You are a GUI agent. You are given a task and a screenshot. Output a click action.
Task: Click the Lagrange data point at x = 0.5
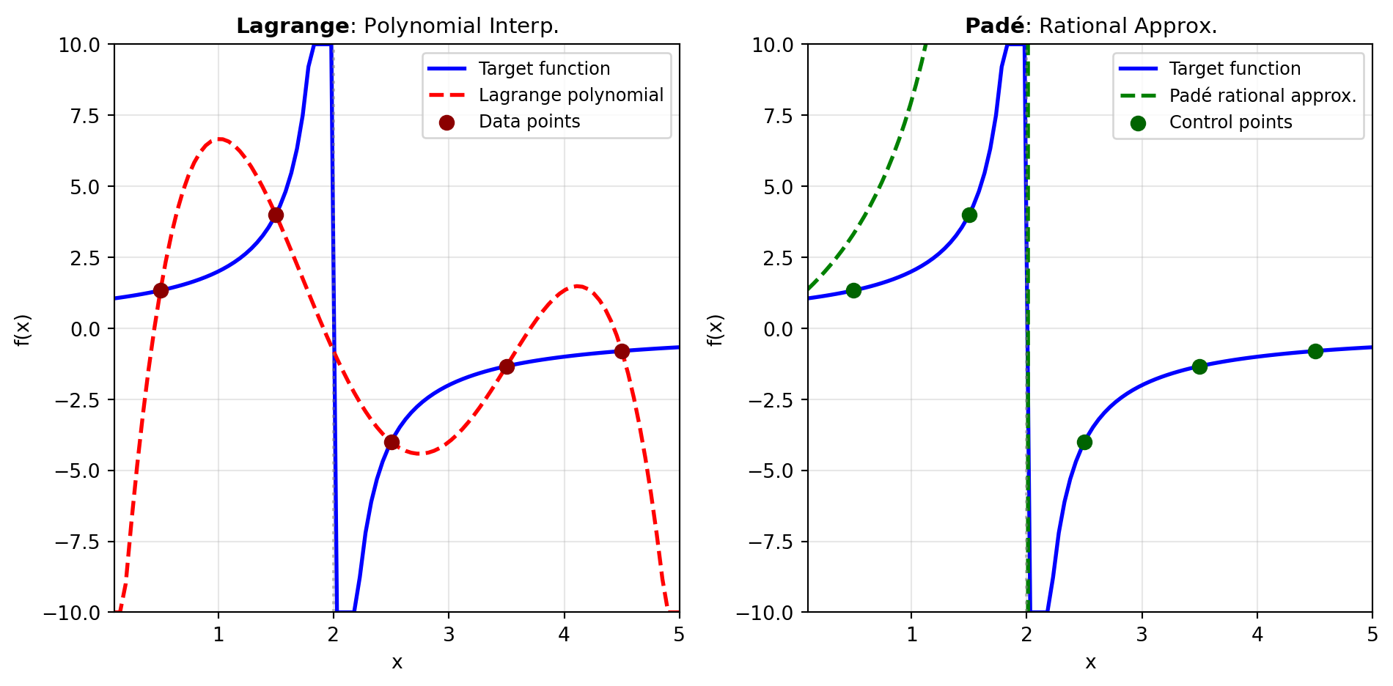[161, 290]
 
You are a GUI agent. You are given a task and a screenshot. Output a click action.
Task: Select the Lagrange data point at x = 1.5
[276, 215]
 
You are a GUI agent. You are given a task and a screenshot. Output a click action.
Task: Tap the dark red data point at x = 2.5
[392, 442]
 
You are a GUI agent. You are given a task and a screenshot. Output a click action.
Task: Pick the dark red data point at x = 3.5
[507, 366]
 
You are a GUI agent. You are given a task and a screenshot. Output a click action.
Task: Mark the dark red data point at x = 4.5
[622, 351]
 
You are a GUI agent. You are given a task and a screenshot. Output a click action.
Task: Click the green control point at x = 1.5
[969, 215]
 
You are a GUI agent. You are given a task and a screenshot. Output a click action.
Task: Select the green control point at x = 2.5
[1084, 442]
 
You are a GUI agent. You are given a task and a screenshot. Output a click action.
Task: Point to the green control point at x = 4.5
[1315, 351]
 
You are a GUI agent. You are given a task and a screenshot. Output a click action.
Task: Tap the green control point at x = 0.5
[853, 290]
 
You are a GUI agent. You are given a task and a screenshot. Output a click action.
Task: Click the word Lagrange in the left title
[293, 26]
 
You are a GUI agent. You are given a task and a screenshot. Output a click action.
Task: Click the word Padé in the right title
[994, 26]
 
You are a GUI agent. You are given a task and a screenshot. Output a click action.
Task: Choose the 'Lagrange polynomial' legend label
[570, 95]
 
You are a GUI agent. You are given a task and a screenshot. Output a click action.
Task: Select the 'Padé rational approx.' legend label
[1262, 96]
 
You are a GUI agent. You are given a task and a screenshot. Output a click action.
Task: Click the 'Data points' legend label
[529, 122]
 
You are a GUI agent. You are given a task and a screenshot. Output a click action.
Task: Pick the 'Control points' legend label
[1230, 122]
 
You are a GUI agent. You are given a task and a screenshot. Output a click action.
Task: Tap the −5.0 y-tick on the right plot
[770, 471]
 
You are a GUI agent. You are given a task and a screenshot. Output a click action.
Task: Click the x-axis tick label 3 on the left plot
[449, 635]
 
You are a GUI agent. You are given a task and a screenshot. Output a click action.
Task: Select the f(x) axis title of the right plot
[715, 330]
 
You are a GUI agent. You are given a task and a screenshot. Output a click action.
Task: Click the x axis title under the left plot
[397, 663]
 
